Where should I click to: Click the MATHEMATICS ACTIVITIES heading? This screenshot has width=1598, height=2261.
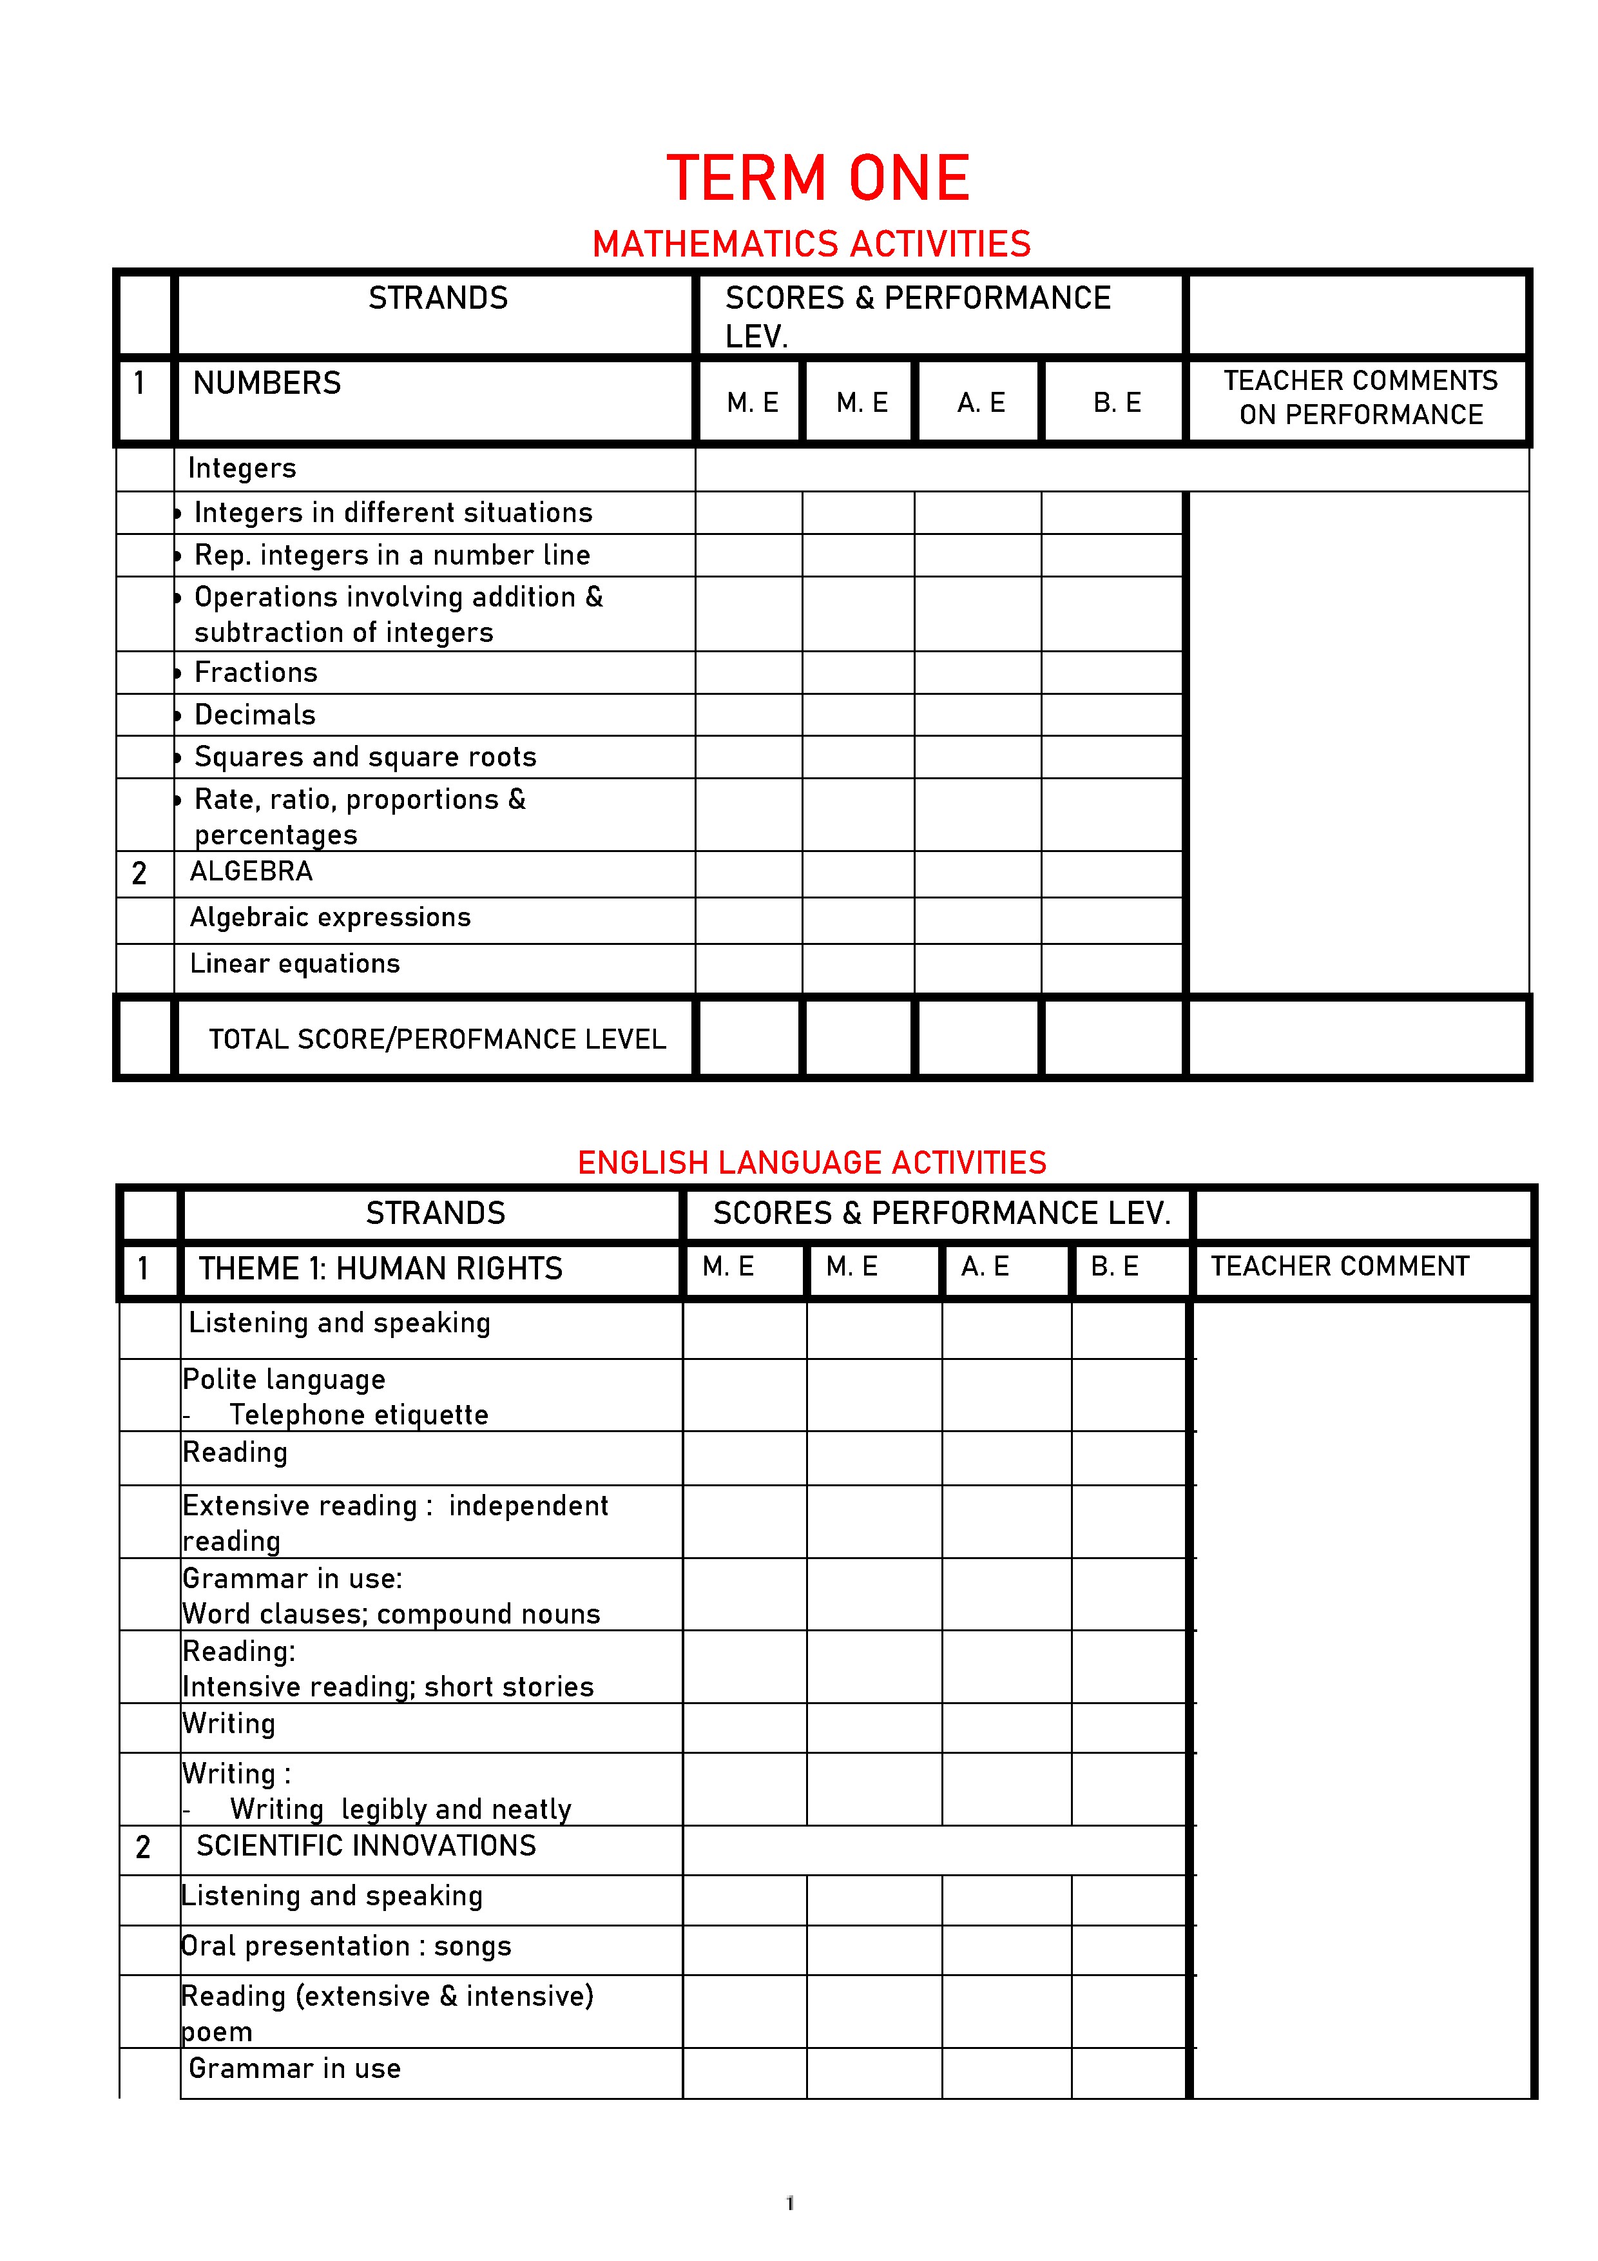coord(811,243)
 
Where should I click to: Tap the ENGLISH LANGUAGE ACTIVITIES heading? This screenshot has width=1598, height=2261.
coord(811,1162)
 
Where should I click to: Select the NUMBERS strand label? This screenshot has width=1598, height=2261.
coord(267,383)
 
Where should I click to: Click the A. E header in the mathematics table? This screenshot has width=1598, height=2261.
coord(981,403)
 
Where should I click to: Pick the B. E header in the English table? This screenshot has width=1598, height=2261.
coord(1115,1266)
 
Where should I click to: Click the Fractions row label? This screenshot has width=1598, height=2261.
coord(256,673)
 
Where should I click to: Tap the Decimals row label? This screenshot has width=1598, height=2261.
coord(255,715)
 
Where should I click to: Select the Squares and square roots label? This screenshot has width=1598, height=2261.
coord(365,757)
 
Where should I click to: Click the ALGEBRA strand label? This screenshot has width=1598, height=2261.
coord(251,871)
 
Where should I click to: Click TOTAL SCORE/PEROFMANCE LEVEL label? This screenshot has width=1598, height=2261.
coord(437,1039)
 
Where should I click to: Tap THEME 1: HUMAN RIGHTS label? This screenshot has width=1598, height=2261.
coord(380,1268)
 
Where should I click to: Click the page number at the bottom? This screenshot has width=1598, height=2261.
coord(789,2203)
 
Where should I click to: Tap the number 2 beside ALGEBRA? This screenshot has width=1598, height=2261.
coord(139,873)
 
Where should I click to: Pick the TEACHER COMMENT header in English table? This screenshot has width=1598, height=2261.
coord(1339,1266)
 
